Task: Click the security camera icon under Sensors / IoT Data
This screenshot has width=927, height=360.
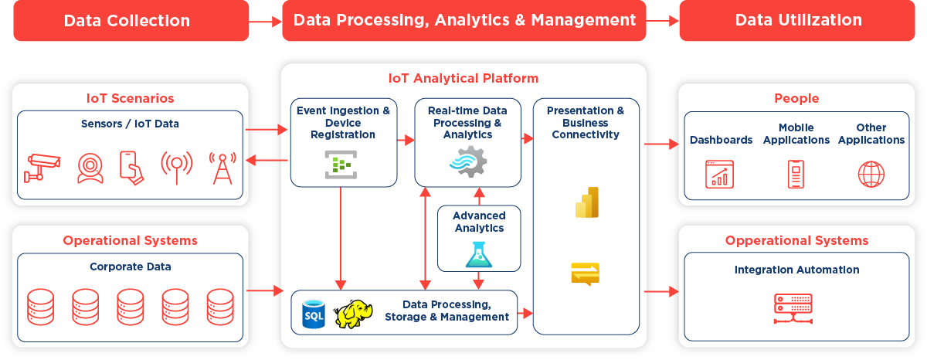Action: pos(42,168)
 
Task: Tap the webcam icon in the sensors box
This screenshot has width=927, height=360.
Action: pos(90,168)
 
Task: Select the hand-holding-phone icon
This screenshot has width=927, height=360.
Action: pos(132,168)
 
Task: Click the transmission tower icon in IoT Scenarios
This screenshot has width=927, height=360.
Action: pos(222,168)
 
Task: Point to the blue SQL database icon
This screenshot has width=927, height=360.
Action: pos(314,315)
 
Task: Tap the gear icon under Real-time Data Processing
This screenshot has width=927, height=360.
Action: pos(468,162)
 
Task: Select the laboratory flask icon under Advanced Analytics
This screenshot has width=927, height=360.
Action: pos(479,254)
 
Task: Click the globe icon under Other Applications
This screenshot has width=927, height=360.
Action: pos(871,174)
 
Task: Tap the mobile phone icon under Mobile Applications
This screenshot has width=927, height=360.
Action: pos(796,174)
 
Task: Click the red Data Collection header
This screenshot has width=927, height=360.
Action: pos(127,21)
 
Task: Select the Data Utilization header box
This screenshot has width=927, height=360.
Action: pos(798,21)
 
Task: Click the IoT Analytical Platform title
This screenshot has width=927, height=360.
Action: pos(463,78)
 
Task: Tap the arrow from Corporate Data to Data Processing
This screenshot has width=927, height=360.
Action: pos(265,291)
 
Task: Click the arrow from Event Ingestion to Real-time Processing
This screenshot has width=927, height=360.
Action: pos(406,140)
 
